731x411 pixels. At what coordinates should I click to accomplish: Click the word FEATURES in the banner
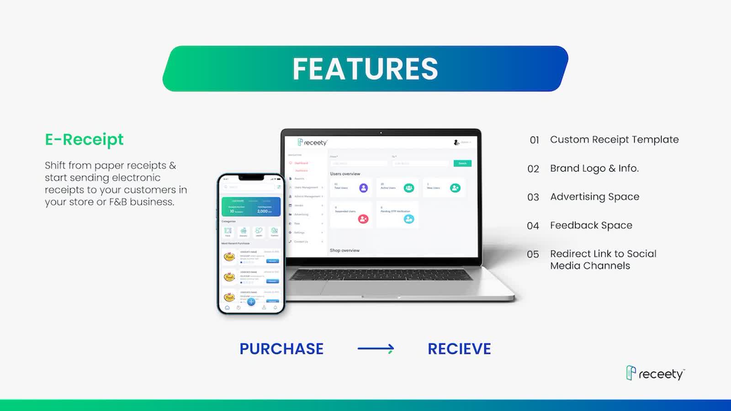coord(365,69)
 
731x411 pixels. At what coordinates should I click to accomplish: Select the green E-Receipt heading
coord(84,139)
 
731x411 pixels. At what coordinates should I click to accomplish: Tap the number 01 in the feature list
coord(534,140)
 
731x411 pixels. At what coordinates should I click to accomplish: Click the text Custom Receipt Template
coord(614,139)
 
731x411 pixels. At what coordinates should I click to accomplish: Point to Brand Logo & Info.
coord(594,168)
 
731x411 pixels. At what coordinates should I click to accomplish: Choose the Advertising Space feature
coord(594,197)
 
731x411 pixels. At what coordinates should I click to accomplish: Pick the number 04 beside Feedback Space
coord(533,226)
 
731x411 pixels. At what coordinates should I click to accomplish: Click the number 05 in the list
coord(533,254)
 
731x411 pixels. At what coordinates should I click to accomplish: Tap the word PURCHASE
coord(281,349)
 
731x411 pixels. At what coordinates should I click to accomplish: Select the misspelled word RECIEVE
coord(459,349)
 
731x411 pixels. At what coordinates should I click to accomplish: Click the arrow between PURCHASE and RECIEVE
coord(376,349)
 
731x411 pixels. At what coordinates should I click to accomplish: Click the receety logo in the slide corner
coord(655,374)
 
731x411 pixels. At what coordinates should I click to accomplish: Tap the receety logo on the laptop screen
coord(313,142)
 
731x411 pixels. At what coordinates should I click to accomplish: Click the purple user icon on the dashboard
coord(363,188)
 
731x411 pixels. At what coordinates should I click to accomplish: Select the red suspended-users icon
coord(363,219)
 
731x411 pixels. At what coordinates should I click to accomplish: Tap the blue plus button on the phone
coord(251,302)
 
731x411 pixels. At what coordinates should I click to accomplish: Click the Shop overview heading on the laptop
coord(344,250)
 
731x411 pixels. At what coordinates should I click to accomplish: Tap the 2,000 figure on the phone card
coord(263,211)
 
